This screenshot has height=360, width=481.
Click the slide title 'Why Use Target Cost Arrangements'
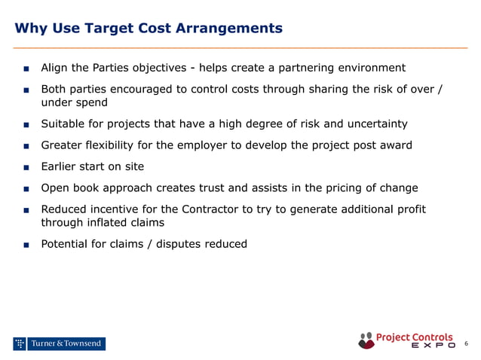[x=149, y=29]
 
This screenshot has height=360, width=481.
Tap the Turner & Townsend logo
[x=59, y=344]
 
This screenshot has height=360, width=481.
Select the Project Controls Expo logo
[x=407, y=340]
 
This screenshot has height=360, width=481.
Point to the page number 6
[x=466, y=344]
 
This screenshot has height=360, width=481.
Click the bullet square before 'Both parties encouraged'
[x=26, y=90]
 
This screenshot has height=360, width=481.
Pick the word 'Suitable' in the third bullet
[x=63, y=124]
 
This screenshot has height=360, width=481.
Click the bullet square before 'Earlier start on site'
[x=26, y=167]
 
